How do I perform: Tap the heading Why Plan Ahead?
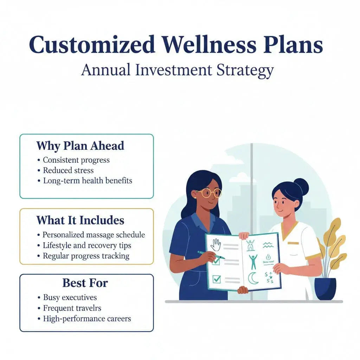[x=80, y=146]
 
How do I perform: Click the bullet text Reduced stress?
[x=68, y=171]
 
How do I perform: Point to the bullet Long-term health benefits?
[x=88, y=181]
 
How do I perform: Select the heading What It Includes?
[x=80, y=220]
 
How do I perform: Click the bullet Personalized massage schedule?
[x=94, y=235]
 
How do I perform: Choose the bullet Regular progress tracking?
[x=86, y=256]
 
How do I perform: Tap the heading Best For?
[x=85, y=283]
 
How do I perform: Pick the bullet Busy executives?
[x=70, y=297]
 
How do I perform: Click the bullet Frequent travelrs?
[x=72, y=308]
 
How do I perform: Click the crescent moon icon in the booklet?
[x=253, y=279]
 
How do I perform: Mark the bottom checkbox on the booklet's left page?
[x=217, y=279]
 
